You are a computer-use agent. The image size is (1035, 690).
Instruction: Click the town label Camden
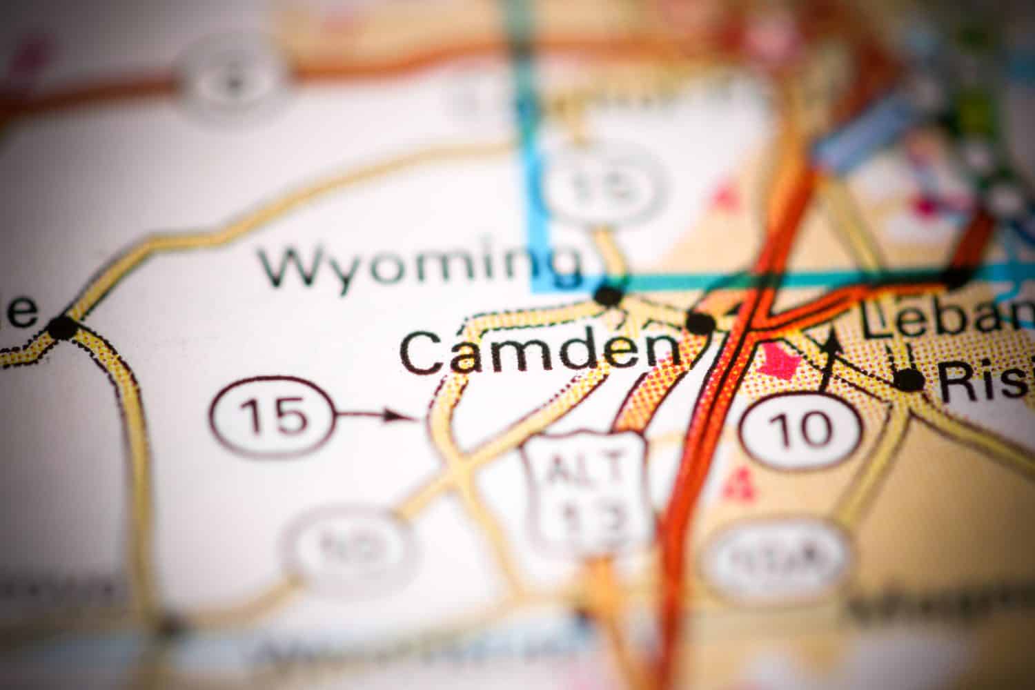pyautogui.click(x=538, y=352)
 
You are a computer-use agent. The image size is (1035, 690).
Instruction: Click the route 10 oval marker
pyautogui.click(x=800, y=429)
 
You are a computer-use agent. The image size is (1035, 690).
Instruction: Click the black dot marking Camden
pyautogui.click(x=701, y=322)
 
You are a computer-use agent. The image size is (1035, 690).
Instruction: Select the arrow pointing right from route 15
pyautogui.click(x=376, y=415)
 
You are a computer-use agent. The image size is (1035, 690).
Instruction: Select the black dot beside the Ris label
pyautogui.click(x=909, y=380)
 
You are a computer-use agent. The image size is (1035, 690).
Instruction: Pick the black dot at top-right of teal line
pyautogui.click(x=956, y=278)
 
